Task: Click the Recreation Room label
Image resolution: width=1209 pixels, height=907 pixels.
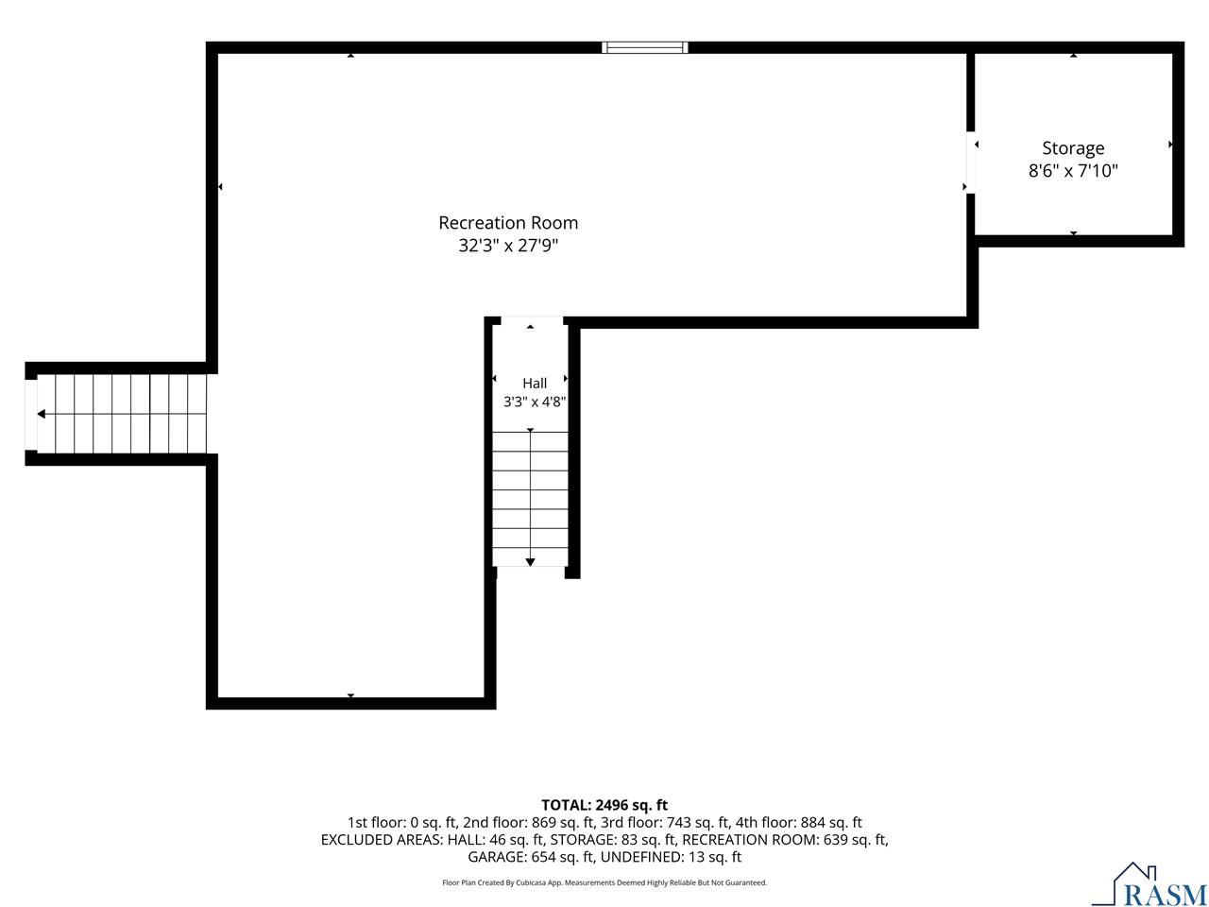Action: tap(508, 222)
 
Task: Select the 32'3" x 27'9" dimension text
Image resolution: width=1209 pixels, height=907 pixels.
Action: tap(508, 245)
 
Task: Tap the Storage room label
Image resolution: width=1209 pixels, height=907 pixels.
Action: tap(1072, 148)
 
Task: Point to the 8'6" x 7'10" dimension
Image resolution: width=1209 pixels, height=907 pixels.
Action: tap(1072, 171)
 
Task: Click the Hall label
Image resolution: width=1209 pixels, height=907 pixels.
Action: tap(535, 384)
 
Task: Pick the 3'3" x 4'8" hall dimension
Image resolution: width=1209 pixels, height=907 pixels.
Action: tap(535, 402)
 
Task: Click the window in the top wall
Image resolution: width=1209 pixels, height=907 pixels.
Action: tap(644, 47)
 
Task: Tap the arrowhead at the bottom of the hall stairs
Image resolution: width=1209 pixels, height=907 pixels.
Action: tap(530, 562)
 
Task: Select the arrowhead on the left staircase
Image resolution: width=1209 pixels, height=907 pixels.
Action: tap(42, 414)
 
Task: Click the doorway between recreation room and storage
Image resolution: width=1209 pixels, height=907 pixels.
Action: tap(970, 162)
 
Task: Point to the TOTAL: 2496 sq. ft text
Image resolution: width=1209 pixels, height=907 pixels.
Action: tap(604, 805)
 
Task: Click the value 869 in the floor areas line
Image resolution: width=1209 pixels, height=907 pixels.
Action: tap(542, 822)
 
